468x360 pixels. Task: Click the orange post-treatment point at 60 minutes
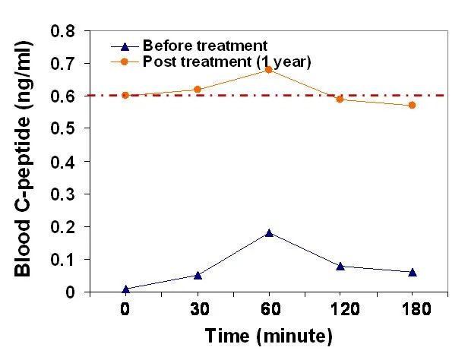[269, 70]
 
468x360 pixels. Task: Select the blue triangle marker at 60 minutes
[269, 233]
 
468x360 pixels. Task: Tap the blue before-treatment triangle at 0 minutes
[125, 289]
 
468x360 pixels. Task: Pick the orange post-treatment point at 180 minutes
[413, 105]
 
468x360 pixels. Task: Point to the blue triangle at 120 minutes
[340, 266]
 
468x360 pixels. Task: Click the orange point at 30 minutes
[198, 90]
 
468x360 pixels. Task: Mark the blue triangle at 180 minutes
[413, 272]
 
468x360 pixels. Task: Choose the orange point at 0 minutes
[125, 96]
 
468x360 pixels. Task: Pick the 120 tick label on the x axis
[340, 310]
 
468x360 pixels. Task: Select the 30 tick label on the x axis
[198, 310]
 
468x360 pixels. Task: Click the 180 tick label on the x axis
[413, 310]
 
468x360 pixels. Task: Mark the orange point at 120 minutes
[340, 99]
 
